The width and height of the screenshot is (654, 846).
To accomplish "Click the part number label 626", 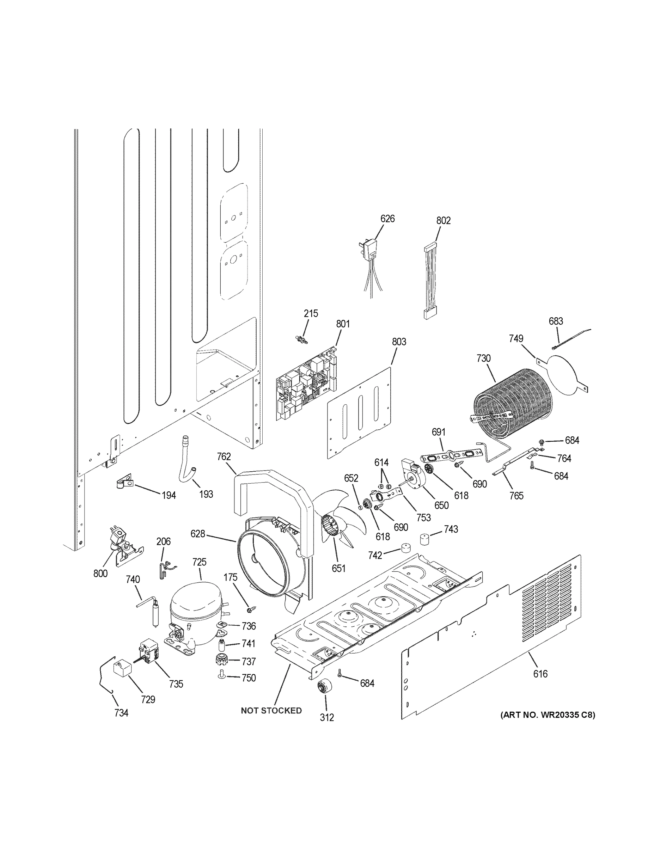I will [x=387, y=219].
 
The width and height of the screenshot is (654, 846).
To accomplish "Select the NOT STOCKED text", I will [x=271, y=711].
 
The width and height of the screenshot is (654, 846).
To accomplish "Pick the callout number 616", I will [x=540, y=674].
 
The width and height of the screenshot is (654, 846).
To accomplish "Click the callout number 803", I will [x=399, y=342].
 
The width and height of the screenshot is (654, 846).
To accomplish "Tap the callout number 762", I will [x=224, y=457].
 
